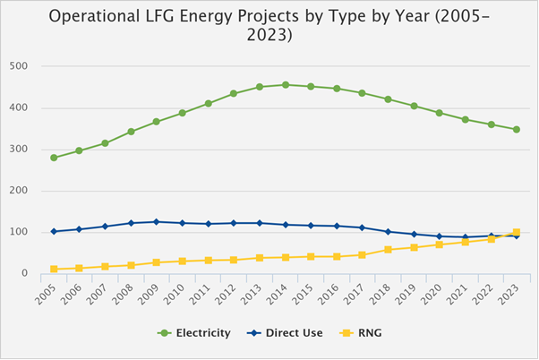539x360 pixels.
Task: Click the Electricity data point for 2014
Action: pyautogui.click(x=286, y=85)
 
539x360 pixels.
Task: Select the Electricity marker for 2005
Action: pyautogui.click(x=54, y=158)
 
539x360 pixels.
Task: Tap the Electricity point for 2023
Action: pyautogui.click(x=517, y=130)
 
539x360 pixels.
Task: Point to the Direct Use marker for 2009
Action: pyautogui.click(x=157, y=222)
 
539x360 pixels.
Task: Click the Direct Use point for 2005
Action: pyautogui.click(x=54, y=231)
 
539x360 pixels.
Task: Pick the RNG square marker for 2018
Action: pyautogui.click(x=389, y=250)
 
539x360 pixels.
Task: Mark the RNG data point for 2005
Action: pyautogui.click(x=54, y=269)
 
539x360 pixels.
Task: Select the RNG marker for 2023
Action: pyautogui.click(x=517, y=233)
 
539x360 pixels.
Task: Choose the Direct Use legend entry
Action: pyautogui.click(x=290, y=333)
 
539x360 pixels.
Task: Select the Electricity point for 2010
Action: pyautogui.click(x=183, y=113)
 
